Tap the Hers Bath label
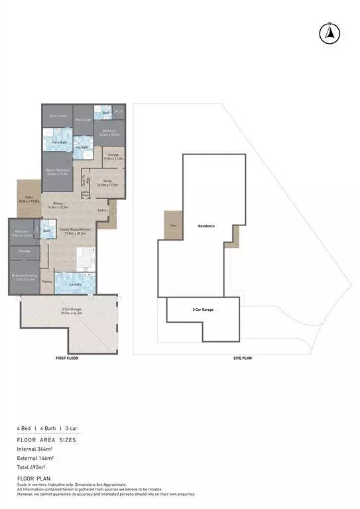coord(59,142)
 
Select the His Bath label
coord(82,147)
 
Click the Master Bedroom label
coord(58,172)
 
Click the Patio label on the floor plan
coord(29,198)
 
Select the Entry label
coord(102,211)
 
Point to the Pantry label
coord(47,282)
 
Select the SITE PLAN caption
coord(242,358)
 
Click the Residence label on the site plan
coord(206,226)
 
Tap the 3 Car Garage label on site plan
coord(203,309)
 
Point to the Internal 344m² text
coord(36,449)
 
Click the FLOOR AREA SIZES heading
coord(46,439)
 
